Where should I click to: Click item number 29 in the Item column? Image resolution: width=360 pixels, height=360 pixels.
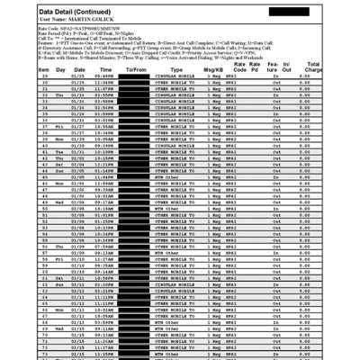[x=44, y=76]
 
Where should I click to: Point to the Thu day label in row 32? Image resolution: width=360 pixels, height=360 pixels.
[x=60, y=95]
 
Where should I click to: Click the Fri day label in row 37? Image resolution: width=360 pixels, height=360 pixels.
[x=59, y=127]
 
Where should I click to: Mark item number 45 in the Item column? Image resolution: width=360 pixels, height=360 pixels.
[x=44, y=177]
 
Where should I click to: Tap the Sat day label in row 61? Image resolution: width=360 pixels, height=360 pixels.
[x=59, y=278]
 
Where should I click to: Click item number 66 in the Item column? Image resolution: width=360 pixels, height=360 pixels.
[x=44, y=310]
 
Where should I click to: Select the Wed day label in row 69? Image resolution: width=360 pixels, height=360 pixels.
[x=59, y=328]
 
